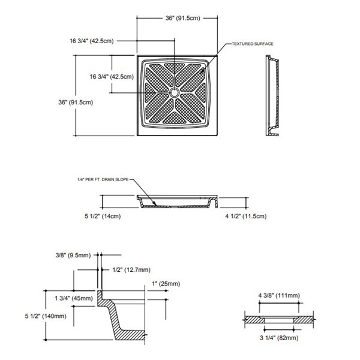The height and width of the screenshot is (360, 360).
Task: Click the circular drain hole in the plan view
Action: point(174,92)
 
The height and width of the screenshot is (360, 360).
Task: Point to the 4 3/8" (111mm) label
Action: point(279,295)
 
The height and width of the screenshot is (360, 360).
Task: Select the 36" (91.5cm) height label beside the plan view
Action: point(74,102)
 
